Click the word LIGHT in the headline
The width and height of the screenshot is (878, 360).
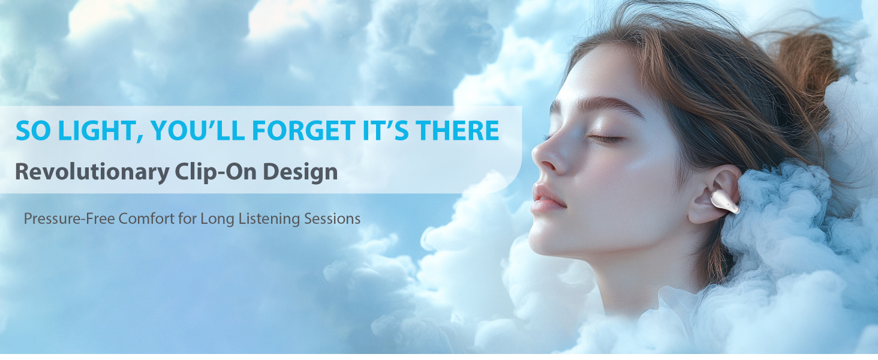pyautogui.click(x=100, y=131)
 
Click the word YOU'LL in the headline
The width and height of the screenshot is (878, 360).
pyautogui.click(x=197, y=130)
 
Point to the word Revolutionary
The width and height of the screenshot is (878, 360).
pyautogui.click(x=92, y=173)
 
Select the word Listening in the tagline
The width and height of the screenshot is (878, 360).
pyautogui.click(x=269, y=219)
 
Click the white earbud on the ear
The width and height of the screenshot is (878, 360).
pyautogui.click(x=724, y=202)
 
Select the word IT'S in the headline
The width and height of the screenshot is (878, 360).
pyautogui.click(x=386, y=130)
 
